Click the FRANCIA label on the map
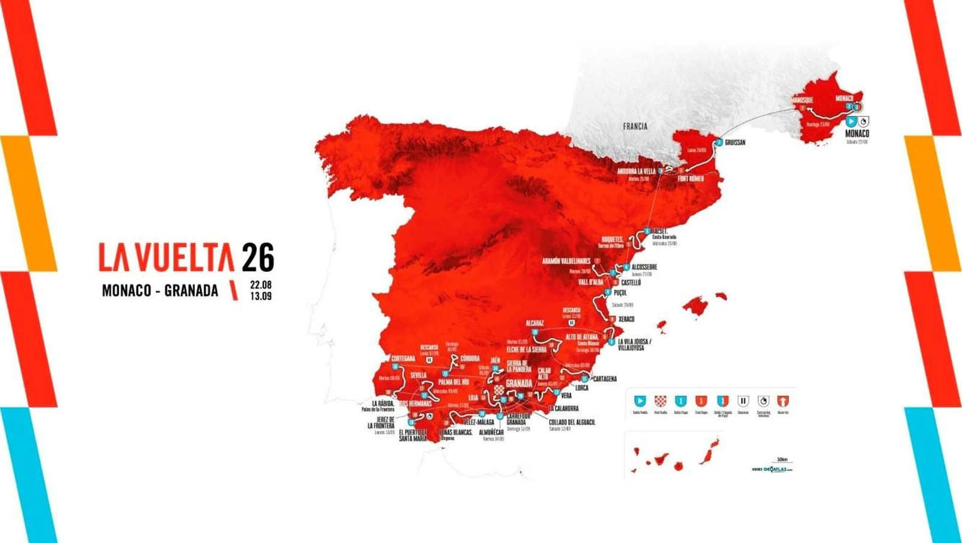tap(635, 126)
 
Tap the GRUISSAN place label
tap(735, 143)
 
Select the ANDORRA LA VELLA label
tap(636, 171)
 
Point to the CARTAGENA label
tap(605, 379)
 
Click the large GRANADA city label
tap(519, 384)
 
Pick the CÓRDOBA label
tap(470, 359)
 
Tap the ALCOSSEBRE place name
tap(644, 267)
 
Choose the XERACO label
tap(626, 319)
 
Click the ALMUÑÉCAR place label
tap(491, 432)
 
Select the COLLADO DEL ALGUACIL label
tap(572, 422)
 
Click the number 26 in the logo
tap(258, 257)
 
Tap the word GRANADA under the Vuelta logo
tap(191, 290)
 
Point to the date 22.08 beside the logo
tap(261, 285)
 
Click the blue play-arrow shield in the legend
tap(640, 401)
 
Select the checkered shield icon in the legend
tap(660, 401)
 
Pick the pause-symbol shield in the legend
tap(743, 401)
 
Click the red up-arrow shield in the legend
tap(782, 401)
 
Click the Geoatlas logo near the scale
tap(773, 469)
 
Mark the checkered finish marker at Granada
tap(499, 391)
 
